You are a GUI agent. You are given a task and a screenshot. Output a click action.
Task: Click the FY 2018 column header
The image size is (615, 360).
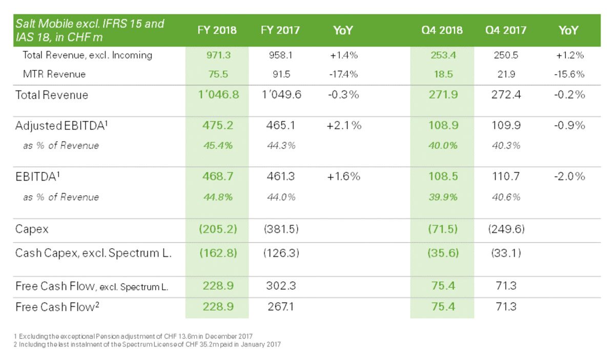[217, 30]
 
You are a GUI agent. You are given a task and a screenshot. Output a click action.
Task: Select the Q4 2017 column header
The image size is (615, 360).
[506, 30]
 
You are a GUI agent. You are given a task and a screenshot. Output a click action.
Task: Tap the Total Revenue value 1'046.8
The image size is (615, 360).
[218, 94]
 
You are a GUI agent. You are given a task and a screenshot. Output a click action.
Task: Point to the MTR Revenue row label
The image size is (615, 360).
[54, 74]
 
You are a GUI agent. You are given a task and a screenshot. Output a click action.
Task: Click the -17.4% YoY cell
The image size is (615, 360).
[343, 74]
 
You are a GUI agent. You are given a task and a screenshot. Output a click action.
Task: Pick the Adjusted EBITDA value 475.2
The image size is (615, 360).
[218, 125]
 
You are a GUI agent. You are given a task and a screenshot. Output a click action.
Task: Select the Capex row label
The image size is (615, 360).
[32, 229]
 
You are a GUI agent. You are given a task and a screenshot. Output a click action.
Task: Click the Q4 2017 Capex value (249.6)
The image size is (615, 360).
[506, 229]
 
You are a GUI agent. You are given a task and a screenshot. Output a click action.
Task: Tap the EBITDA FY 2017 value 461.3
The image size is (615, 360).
[281, 176]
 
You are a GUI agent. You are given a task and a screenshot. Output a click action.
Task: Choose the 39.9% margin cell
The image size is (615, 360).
[443, 197]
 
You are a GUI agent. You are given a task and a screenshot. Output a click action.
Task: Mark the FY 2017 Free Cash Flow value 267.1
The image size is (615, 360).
[281, 307]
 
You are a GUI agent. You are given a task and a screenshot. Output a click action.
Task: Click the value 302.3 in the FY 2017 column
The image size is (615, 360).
[281, 286]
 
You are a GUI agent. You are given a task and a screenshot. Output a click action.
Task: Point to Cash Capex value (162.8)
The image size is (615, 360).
[218, 253]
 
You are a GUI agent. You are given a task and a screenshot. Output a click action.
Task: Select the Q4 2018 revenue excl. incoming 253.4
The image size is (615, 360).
[443, 55]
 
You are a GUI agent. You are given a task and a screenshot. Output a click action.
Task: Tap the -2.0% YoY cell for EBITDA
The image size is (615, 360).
[569, 176]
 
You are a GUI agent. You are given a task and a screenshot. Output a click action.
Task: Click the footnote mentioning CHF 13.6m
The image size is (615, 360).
[133, 336]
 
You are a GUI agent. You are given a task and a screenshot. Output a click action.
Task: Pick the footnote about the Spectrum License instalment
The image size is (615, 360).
[147, 344]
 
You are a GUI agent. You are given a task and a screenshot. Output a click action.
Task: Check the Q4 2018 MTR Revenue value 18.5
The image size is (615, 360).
[443, 74]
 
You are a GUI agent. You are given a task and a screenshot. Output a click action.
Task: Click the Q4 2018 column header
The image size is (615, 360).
[442, 30]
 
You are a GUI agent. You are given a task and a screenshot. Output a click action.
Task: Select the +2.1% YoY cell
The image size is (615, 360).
[344, 125]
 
